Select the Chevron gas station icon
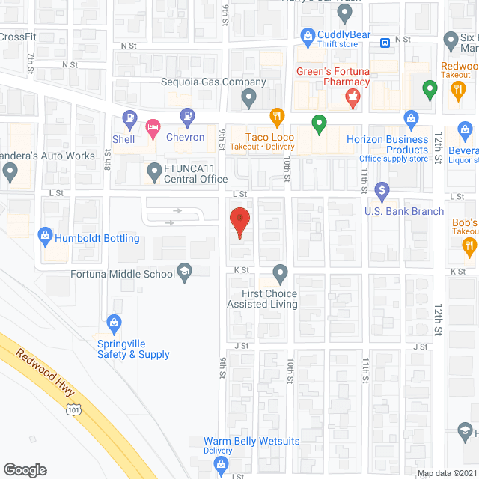pyautogui.click(x=186, y=116)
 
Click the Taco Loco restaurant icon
pyautogui.click(x=276, y=116)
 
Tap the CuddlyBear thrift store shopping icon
pyautogui.click(x=307, y=35)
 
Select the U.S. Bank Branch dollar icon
pyautogui.click(x=382, y=191)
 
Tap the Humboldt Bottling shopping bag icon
pyautogui.click(x=44, y=238)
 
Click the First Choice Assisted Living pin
pyautogui.click(x=280, y=272)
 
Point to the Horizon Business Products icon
pyautogui.click(x=410, y=118)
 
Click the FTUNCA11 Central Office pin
pyautogui.click(x=154, y=170)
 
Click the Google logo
pyautogui.click(x=25, y=470)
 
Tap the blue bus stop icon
pyautogui.click(x=384, y=43)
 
